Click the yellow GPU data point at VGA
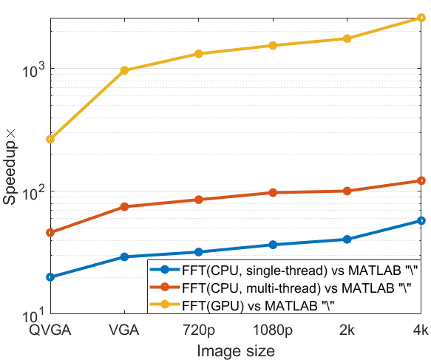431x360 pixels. click(124, 70)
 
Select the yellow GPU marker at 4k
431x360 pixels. click(421, 18)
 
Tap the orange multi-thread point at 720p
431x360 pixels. click(199, 200)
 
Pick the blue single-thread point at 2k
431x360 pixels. click(347, 240)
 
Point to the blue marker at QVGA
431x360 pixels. click(50, 277)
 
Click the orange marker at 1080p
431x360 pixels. click(273, 193)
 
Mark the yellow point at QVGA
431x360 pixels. click(50, 139)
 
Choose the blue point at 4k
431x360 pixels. click(421, 221)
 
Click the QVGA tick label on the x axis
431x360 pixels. click(50, 330)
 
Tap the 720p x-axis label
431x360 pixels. click(199, 330)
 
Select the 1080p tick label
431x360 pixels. click(272, 330)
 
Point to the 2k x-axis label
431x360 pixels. click(347, 330)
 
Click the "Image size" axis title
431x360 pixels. click(236, 351)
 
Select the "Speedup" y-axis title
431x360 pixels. click(9, 167)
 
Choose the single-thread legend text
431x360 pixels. click(300, 271)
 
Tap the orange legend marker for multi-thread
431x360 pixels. click(165, 287)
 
